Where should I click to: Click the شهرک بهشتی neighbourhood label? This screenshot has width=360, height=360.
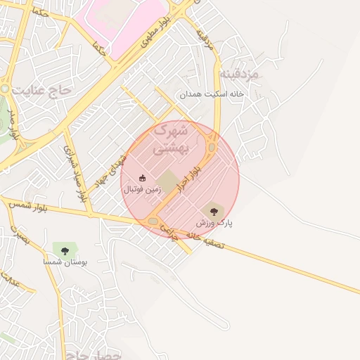point(171,139)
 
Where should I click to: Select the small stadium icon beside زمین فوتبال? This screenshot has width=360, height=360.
point(143,178)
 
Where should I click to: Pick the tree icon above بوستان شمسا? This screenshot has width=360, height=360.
point(65,250)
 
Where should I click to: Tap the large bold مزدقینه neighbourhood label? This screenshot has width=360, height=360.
point(238,74)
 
